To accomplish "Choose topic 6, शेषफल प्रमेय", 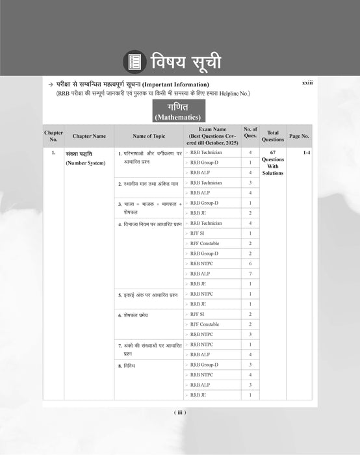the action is point(138,315).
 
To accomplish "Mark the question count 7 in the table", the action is point(250,274).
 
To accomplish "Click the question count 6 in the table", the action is point(250,263).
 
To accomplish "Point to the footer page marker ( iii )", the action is point(180,412).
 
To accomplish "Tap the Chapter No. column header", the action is point(53,136).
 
